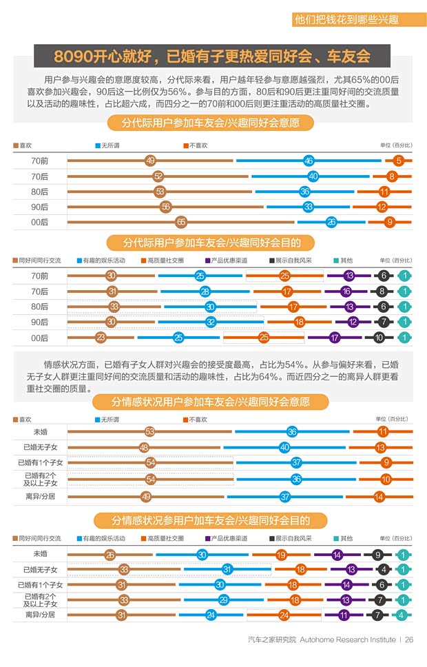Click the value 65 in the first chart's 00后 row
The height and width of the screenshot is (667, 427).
point(181,222)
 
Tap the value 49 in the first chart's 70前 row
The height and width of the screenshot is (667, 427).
point(150,161)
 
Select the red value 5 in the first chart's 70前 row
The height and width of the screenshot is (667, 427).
point(399,161)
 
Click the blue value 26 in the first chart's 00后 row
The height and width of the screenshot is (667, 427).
point(331,222)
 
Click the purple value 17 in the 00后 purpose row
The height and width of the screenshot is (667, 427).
point(335,338)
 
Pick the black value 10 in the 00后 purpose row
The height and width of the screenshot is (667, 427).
point(379,338)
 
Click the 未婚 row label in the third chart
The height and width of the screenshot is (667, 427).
point(40,431)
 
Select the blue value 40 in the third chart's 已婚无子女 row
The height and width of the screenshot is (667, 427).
point(284,447)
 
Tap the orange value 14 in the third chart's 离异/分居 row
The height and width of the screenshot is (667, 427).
point(379,496)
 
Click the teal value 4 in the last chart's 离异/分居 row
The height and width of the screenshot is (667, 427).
point(402,615)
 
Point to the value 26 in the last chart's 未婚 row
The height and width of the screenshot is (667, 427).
point(110,555)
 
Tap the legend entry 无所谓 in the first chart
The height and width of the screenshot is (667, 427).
point(110,145)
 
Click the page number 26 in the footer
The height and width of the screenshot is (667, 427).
point(409,639)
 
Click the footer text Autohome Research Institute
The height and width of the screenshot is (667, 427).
point(348,639)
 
